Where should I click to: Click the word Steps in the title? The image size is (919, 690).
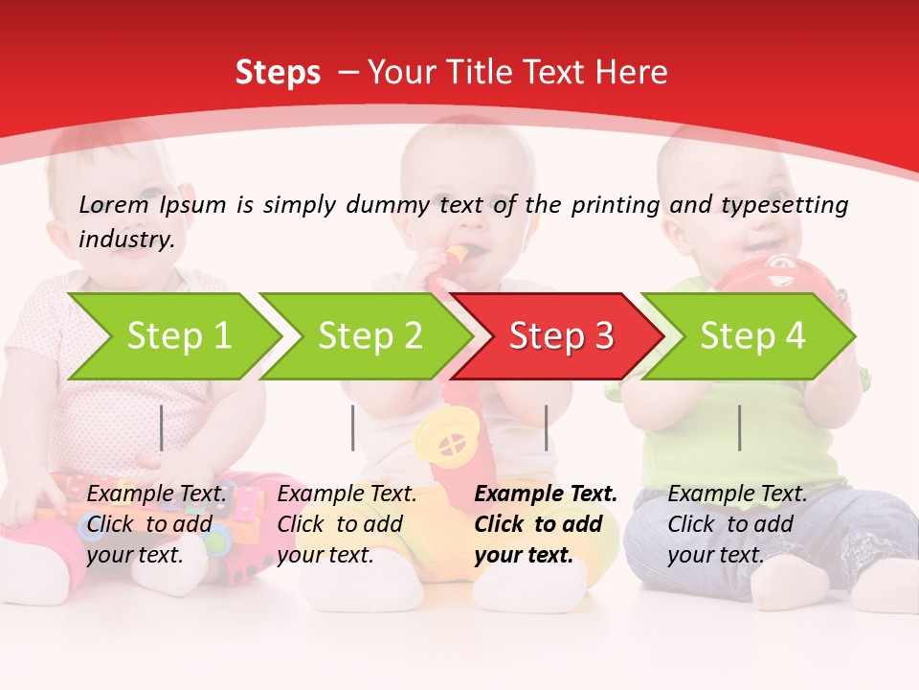coord(278,73)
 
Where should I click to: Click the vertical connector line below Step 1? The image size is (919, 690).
coord(162,427)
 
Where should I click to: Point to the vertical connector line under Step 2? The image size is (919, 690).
coord(353,427)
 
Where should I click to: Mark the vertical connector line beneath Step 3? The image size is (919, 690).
coord(546,427)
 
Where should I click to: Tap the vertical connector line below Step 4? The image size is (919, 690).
coord(739,427)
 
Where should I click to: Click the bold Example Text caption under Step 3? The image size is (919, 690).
coord(546,524)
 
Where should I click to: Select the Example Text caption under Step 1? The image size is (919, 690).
coord(157,524)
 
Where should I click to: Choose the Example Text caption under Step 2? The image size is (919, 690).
coord(347,524)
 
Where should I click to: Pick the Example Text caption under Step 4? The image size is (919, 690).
coord(737,524)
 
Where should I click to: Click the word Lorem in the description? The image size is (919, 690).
coord(113,205)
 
